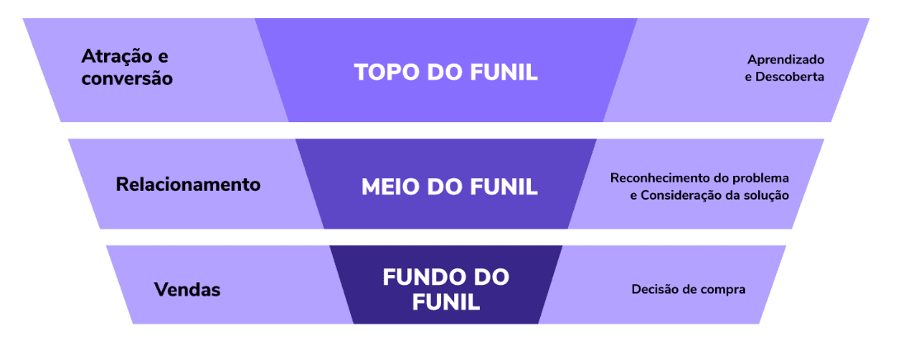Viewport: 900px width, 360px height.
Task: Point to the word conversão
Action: pos(127,79)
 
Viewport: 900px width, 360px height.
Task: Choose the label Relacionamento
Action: pos(188,184)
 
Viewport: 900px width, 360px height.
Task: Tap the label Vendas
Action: pos(187,290)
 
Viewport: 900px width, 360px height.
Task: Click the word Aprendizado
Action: pos(786,59)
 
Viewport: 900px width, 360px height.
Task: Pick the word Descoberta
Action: pos(792,77)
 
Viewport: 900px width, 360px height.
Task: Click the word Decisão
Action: pos(656,290)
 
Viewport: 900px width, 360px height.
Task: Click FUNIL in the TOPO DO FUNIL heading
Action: pos(503,72)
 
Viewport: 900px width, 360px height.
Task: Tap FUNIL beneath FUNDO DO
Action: pos(446,301)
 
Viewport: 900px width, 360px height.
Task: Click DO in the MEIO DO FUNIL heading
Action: pos(446,187)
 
